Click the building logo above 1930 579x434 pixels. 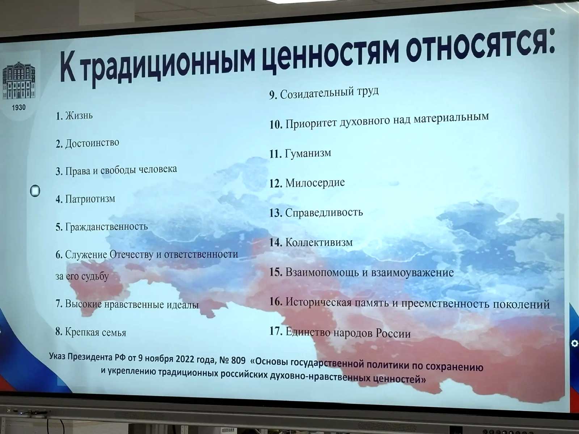18,80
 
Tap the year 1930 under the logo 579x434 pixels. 19,107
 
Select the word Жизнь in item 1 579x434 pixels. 79,115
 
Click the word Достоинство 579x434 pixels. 92,143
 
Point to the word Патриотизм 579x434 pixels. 90,199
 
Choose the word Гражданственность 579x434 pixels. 106,227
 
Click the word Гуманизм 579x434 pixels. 308,153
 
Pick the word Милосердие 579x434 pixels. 315,183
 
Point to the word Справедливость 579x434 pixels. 324,212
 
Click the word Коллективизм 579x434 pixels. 319,242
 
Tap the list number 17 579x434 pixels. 276,331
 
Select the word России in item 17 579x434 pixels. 393,333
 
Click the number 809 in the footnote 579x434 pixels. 238,360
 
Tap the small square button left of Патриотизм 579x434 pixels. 35,191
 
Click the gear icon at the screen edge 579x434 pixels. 575,343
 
